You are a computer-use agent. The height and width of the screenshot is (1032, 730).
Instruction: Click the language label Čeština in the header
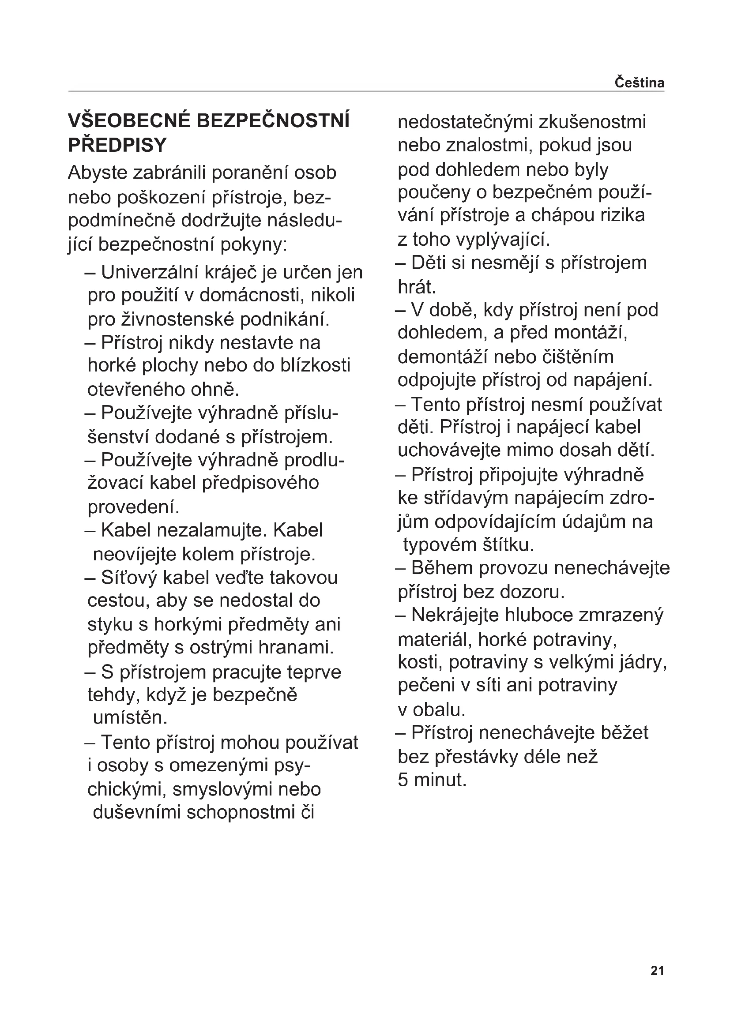pos(639,83)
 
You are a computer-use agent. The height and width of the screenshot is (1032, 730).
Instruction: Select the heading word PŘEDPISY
pos(117,145)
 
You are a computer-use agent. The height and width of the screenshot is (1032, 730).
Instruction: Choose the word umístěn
pos(130,717)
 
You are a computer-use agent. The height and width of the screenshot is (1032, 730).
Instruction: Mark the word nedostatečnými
pos(465,122)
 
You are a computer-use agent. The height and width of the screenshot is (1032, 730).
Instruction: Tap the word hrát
pos(417,287)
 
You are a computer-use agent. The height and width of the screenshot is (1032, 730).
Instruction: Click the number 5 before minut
pos(403,780)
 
